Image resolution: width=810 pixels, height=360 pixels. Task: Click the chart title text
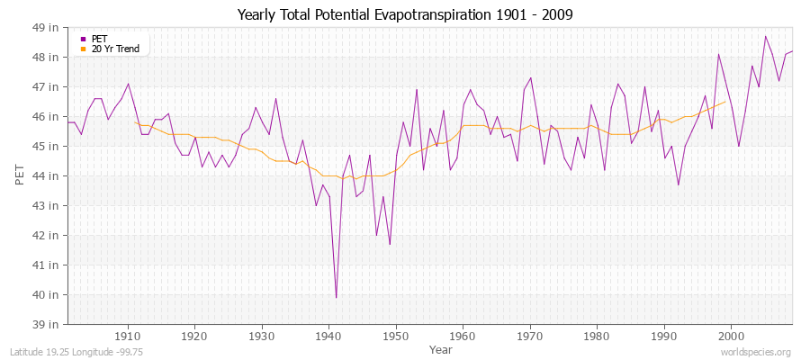[405, 14]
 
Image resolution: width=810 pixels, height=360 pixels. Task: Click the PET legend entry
[99, 39]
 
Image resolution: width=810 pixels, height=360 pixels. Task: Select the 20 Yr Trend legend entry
[115, 49]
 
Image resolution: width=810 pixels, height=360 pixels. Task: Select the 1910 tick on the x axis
[128, 336]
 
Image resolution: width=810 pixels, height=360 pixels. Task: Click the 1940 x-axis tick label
[328, 336]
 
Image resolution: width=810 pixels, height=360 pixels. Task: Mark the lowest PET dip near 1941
[336, 297]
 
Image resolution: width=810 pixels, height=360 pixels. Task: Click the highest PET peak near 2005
[765, 36]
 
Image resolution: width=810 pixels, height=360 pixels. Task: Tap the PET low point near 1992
[678, 184]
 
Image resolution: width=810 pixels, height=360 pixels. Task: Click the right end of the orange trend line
[724, 102]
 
